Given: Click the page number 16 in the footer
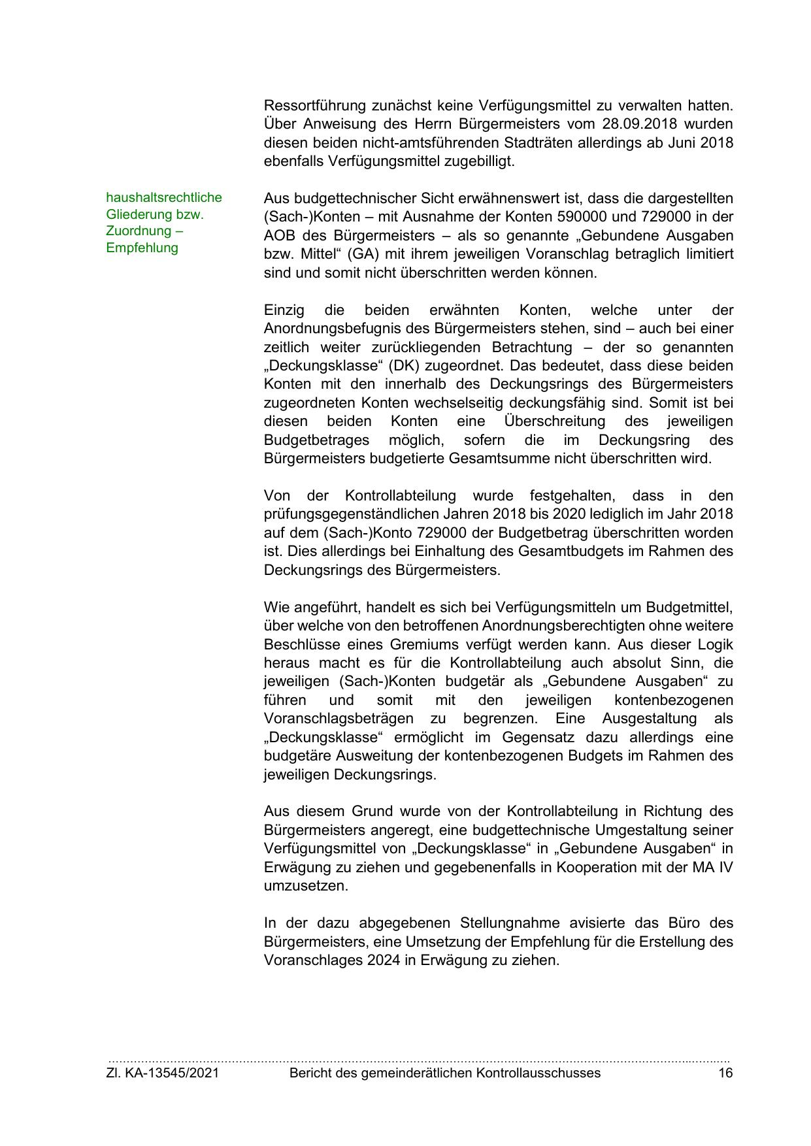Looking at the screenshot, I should (725, 1073).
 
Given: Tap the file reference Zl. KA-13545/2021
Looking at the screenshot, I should (162, 1073).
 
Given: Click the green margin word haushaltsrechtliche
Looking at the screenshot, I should (164, 197).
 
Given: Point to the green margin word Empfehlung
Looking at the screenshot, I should (142, 248).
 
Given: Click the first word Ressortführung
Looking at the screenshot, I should (314, 105).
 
